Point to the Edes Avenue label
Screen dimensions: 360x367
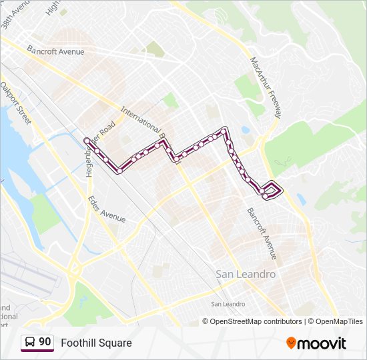click(107, 209)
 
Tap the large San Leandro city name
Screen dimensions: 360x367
click(246, 274)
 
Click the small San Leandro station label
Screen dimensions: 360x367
click(228, 304)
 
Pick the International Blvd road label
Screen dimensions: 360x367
click(143, 127)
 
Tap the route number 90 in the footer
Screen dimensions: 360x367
click(45, 342)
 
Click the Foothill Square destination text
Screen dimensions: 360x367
click(96, 343)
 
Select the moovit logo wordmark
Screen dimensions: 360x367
click(322, 343)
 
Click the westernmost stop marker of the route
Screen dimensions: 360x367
click(86, 139)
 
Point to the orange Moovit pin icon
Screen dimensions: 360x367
click(291, 343)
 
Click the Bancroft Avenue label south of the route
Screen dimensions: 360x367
click(262, 233)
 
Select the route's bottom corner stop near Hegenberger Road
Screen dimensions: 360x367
click(119, 171)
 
